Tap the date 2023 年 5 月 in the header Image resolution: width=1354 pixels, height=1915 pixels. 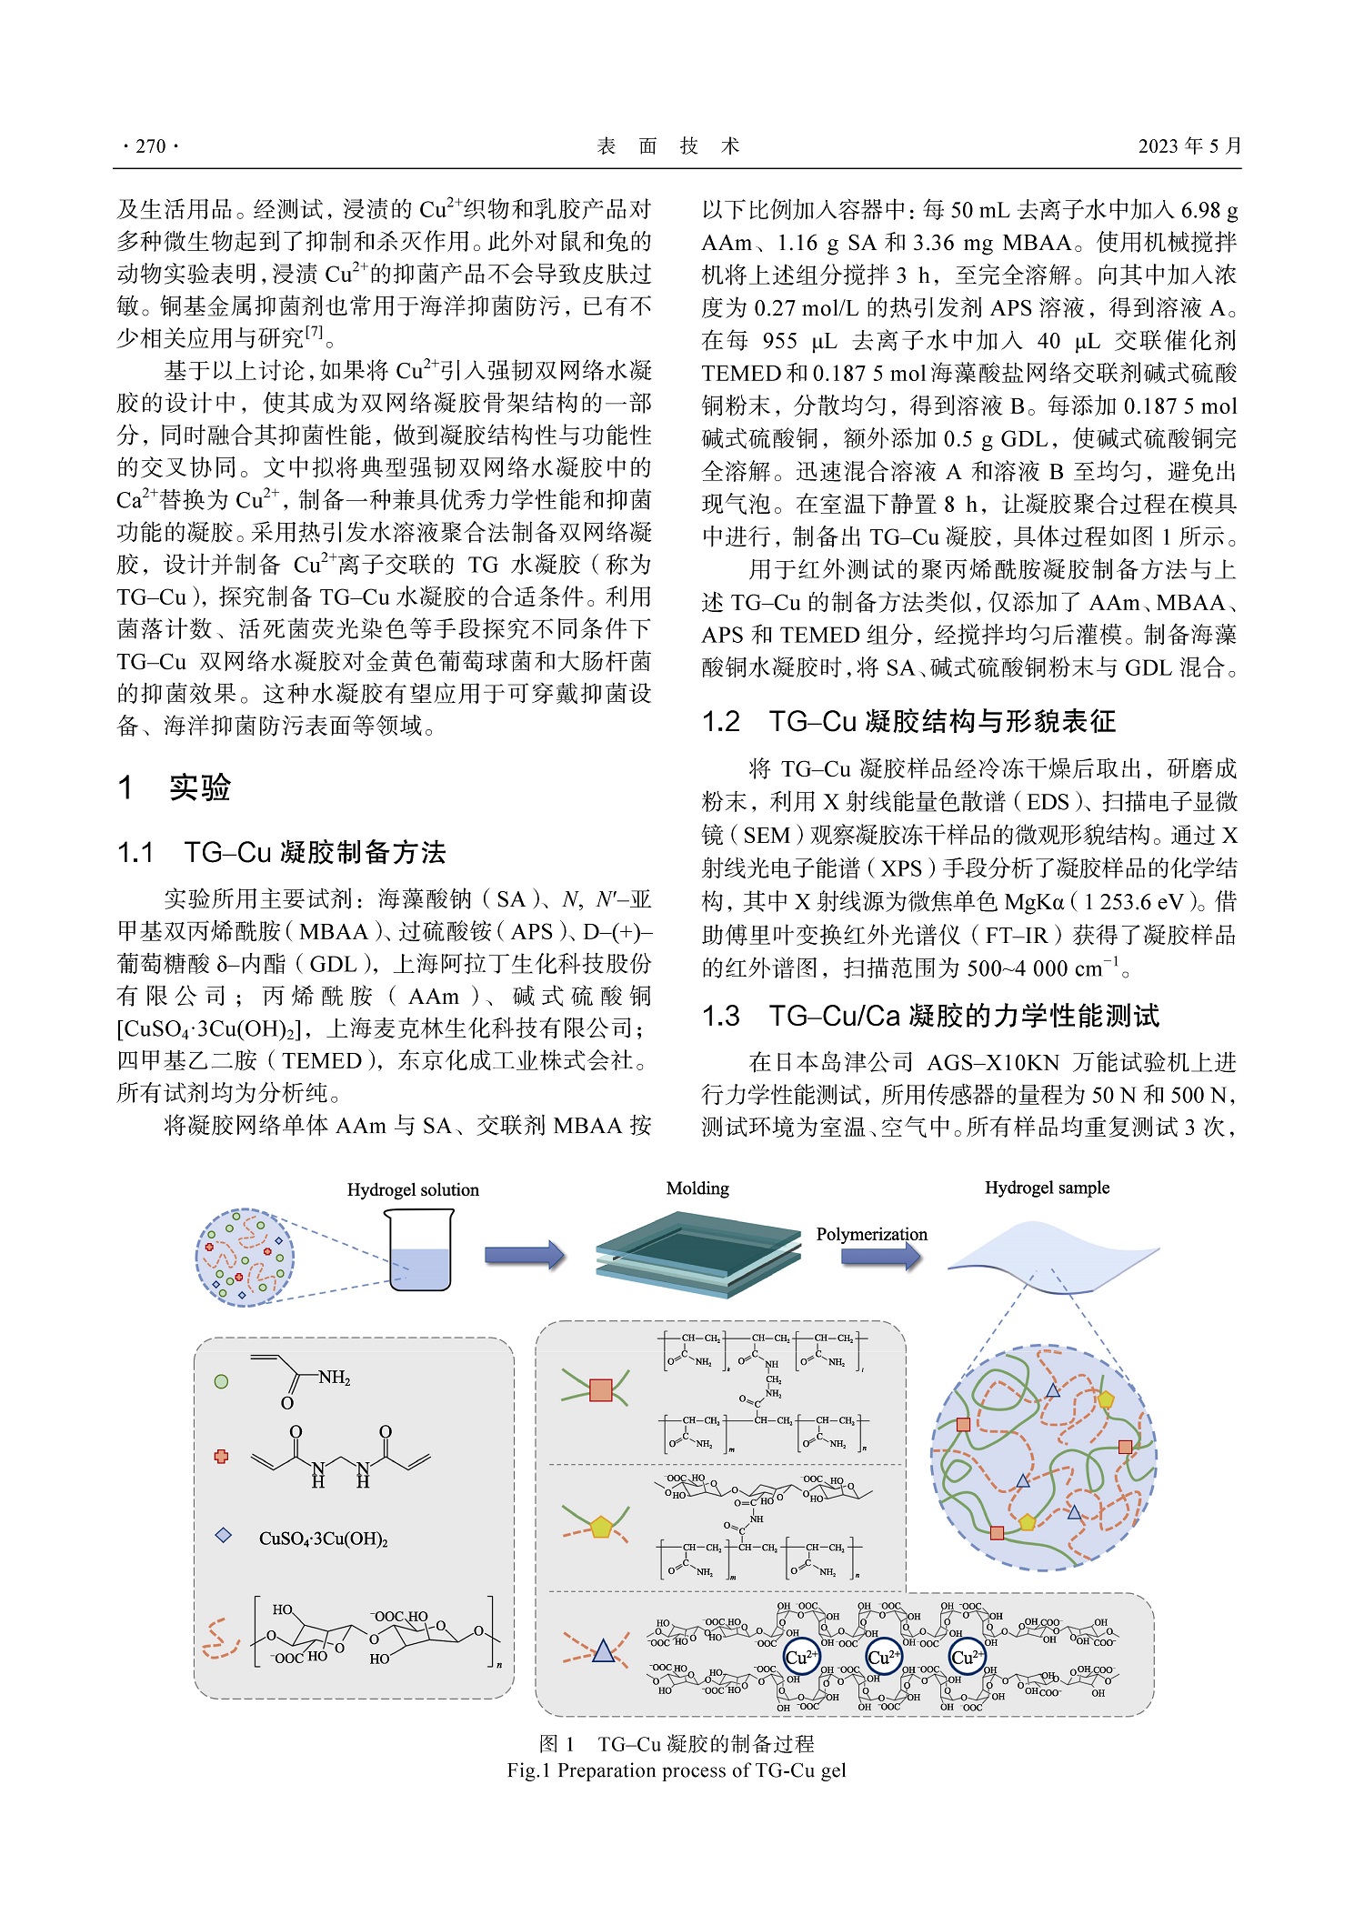pos(1189,146)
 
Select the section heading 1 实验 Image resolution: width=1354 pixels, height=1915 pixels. pos(175,787)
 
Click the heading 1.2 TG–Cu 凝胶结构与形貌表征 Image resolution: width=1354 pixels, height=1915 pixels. pos(908,722)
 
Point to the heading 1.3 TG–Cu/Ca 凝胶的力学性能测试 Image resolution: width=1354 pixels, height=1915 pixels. pos(930,1016)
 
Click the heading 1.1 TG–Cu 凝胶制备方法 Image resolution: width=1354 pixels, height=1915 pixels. pos(282,853)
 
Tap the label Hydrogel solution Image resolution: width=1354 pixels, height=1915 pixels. pos(413,1190)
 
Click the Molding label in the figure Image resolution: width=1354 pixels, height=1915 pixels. pos(697,1188)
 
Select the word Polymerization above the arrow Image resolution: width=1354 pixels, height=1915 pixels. pos(871,1234)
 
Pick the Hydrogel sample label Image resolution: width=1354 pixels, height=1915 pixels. pos(1047,1188)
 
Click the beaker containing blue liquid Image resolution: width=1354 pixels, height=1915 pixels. pos(419,1250)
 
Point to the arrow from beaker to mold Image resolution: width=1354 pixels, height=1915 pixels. pos(525,1256)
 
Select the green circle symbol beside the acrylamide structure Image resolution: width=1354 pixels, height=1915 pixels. pos(221,1381)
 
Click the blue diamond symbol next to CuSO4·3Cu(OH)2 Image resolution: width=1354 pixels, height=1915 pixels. pos(223,1536)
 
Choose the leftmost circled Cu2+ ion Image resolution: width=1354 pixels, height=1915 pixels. pos(801,1657)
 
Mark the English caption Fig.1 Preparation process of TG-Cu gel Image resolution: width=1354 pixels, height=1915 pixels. pos(677,1770)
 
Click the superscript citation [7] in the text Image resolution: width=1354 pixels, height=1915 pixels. pos(314,332)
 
